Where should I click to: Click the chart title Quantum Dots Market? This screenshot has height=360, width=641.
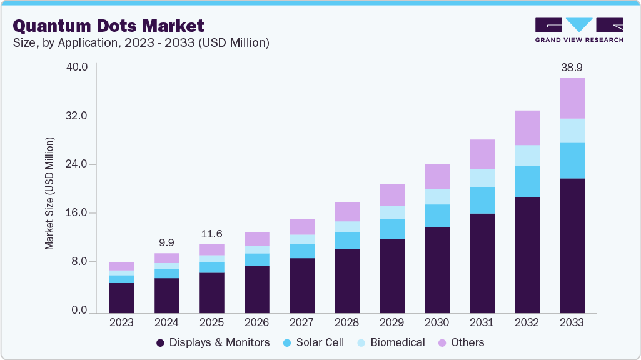(x=108, y=26)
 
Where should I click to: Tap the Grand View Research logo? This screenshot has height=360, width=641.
(x=578, y=29)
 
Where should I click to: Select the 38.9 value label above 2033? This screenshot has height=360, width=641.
(x=572, y=67)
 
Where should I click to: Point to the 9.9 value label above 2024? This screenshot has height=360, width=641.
(x=166, y=242)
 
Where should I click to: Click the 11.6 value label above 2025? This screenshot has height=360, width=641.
(x=211, y=234)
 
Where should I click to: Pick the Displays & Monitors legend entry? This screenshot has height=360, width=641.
(x=213, y=342)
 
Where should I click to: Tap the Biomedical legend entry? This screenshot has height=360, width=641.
(x=390, y=342)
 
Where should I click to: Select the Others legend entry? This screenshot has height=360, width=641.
(x=460, y=342)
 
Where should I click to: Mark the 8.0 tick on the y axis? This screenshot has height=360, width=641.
(x=79, y=262)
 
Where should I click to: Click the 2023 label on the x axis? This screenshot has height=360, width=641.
(x=121, y=322)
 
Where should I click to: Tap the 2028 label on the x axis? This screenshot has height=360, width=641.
(x=346, y=322)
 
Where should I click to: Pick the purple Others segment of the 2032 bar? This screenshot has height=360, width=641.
(x=527, y=127)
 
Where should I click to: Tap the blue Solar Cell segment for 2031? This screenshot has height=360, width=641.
(x=482, y=200)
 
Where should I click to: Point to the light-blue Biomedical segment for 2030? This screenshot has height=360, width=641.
(x=437, y=197)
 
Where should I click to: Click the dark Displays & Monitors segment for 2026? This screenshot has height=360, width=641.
(x=256, y=289)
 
